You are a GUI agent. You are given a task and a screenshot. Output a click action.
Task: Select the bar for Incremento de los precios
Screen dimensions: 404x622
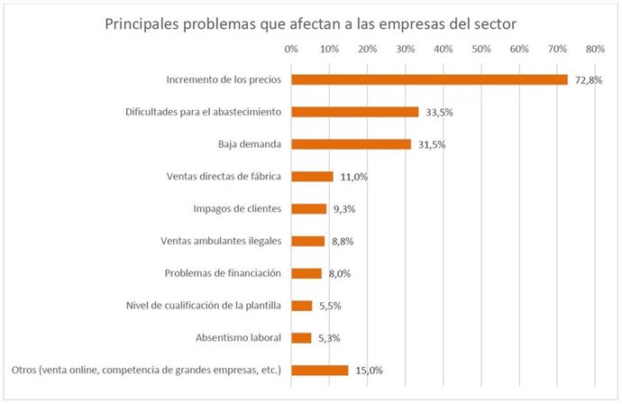click(x=429, y=79)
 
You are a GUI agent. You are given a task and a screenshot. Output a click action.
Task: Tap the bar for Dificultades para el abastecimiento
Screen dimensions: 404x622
click(x=354, y=112)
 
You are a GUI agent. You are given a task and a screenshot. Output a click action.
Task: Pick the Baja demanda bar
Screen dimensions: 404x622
click(x=351, y=144)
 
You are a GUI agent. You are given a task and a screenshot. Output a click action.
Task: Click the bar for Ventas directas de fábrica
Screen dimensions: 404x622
click(x=312, y=177)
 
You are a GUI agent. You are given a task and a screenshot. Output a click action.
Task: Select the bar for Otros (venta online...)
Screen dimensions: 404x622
click(x=319, y=370)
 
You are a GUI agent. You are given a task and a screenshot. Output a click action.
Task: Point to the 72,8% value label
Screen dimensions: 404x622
click(x=587, y=80)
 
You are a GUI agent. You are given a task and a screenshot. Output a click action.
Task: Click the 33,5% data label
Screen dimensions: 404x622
click(x=437, y=113)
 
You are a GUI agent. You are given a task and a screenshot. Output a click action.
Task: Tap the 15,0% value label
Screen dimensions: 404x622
click(x=367, y=371)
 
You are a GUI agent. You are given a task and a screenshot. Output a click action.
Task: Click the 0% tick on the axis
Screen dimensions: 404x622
click(x=291, y=49)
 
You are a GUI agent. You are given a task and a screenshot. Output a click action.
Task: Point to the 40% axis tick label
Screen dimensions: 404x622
click(x=444, y=49)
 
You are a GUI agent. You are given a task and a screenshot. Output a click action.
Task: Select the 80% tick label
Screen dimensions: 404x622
click(x=595, y=49)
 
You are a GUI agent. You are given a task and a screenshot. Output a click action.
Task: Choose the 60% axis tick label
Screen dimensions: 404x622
click(x=519, y=49)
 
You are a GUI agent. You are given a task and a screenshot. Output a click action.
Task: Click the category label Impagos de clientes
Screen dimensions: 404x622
click(x=237, y=208)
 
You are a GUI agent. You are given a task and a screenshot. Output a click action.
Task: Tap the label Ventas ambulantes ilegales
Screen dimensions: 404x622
click(x=221, y=241)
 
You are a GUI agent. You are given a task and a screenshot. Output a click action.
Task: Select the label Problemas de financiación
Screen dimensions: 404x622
click(x=223, y=273)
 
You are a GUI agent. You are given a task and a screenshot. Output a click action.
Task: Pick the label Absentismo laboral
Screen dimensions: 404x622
click(x=238, y=338)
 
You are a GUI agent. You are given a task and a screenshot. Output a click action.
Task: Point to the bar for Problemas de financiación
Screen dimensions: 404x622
click(x=306, y=273)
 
